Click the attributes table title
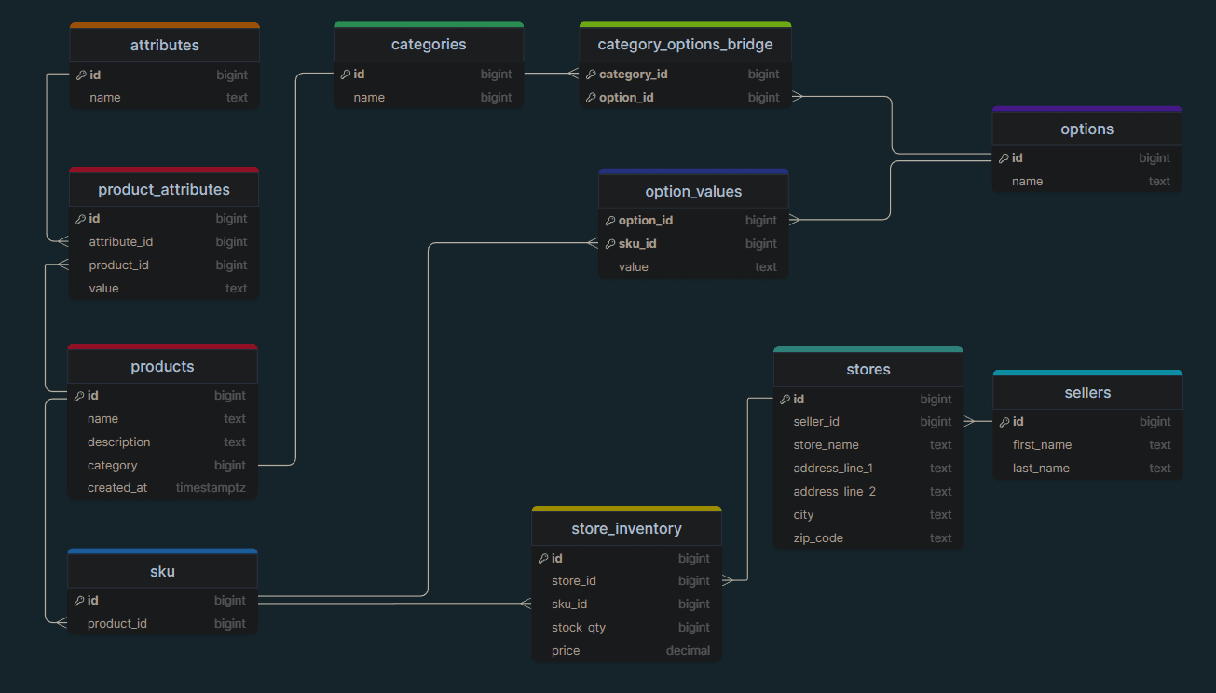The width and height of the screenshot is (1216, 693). (x=165, y=45)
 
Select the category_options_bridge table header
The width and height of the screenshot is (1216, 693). (x=685, y=44)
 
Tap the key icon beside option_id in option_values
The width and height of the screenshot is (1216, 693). (x=610, y=221)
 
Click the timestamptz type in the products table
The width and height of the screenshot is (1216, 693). (x=211, y=488)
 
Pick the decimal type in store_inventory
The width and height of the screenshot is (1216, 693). (x=688, y=651)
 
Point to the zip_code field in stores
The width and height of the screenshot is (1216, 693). (x=818, y=538)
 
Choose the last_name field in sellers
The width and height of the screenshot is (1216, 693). (x=1041, y=469)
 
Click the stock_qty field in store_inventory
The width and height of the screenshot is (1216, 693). (x=578, y=628)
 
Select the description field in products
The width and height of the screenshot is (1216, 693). (x=119, y=442)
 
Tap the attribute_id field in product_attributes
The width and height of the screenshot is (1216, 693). (x=120, y=242)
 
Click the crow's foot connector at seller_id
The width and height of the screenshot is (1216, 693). (x=970, y=421)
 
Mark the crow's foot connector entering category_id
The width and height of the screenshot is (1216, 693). (x=573, y=74)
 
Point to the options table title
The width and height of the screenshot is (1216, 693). (x=1086, y=129)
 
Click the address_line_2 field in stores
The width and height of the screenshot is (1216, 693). (x=834, y=492)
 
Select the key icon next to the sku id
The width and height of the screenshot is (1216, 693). (x=79, y=601)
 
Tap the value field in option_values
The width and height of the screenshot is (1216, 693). (x=633, y=267)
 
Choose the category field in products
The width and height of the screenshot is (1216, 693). (x=113, y=466)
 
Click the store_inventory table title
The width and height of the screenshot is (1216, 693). (x=626, y=528)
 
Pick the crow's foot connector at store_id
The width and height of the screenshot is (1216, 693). (x=728, y=580)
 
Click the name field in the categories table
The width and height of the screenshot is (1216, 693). (x=369, y=98)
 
